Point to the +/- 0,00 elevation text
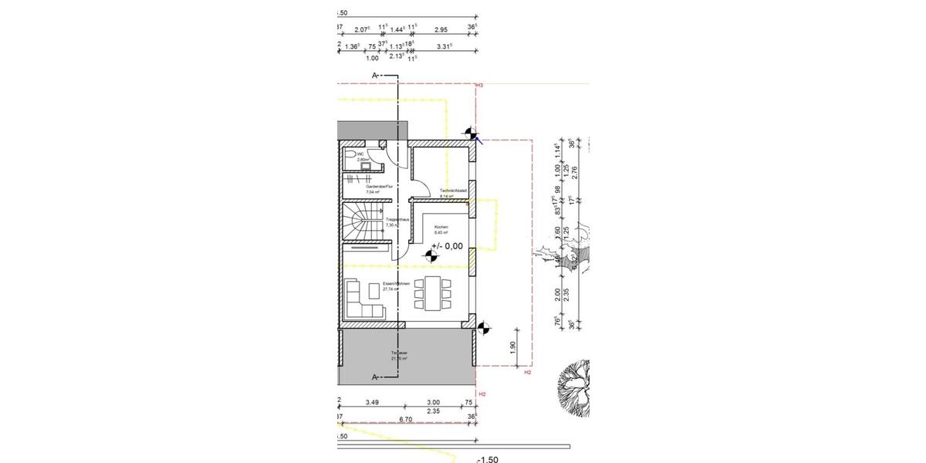click(448, 247)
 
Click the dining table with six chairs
click(430, 293)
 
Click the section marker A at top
click(375, 76)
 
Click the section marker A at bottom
click(375, 377)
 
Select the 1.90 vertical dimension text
click(512, 347)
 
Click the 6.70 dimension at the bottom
click(406, 419)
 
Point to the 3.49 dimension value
click(372, 402)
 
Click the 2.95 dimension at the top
click(441, 29)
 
